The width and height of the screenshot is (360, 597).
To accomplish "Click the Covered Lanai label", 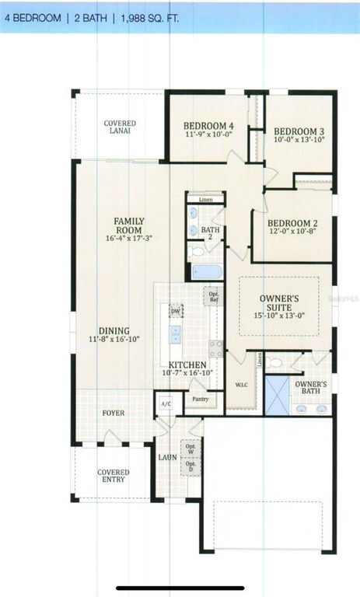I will pos(120,127).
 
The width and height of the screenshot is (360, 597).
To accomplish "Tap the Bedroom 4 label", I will pos(208,126).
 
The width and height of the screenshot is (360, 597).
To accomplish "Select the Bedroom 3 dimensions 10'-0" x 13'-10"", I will pos(299,140).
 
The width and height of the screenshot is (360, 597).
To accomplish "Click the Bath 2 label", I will pos(211,231).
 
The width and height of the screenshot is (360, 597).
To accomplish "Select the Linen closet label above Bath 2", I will pos(205,201).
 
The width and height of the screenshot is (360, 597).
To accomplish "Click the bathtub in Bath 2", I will pos(207,272).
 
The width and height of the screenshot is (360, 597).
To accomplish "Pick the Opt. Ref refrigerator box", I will pos(214,295).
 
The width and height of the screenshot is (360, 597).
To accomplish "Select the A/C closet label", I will pos(166,404).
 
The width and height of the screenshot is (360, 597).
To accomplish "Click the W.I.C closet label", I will pos(240,385).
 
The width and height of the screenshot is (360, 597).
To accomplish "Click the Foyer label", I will pos(113,414).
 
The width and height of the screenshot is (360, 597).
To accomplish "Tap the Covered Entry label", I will pos(113,476).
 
